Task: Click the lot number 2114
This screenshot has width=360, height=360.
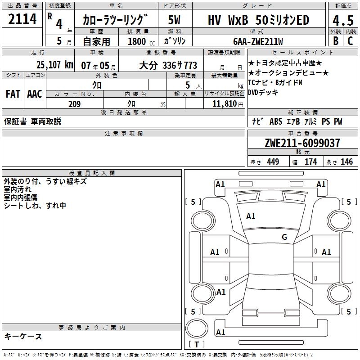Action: (22, 20)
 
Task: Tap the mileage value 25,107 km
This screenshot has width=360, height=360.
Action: (54, 65)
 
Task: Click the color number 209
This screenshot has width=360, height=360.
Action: (74, 104)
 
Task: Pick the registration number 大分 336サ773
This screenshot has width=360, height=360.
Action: (168, 65)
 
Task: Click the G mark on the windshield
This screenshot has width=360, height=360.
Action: (284, 237)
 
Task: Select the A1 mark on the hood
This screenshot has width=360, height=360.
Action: (251, 216)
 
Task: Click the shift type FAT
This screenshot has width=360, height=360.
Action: (13, 94)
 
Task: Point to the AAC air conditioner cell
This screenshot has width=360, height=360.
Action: (35, 94)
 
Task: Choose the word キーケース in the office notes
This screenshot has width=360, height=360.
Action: (23, 336)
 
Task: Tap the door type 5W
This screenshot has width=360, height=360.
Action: (175, 20)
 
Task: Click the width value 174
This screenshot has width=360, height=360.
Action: (311, 162)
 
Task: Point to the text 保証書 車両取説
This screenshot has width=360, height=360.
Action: (33, 121)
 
